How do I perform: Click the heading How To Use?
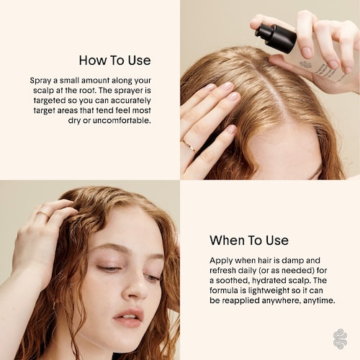(x=114, y=60)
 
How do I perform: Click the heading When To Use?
(x=249, y=240)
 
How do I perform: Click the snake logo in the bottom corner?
(x=340, y=339)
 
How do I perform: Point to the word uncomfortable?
(x=122, y=120)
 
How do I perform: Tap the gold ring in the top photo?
(x=189, y=145)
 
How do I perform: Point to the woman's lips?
(x=128, y=318)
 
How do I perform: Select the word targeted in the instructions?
(x=50, y=101)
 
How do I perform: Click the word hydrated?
(x=269, y=281)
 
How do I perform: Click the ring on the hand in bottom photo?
(x=43, y=213)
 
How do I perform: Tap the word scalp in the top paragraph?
(x=44, y=91)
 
